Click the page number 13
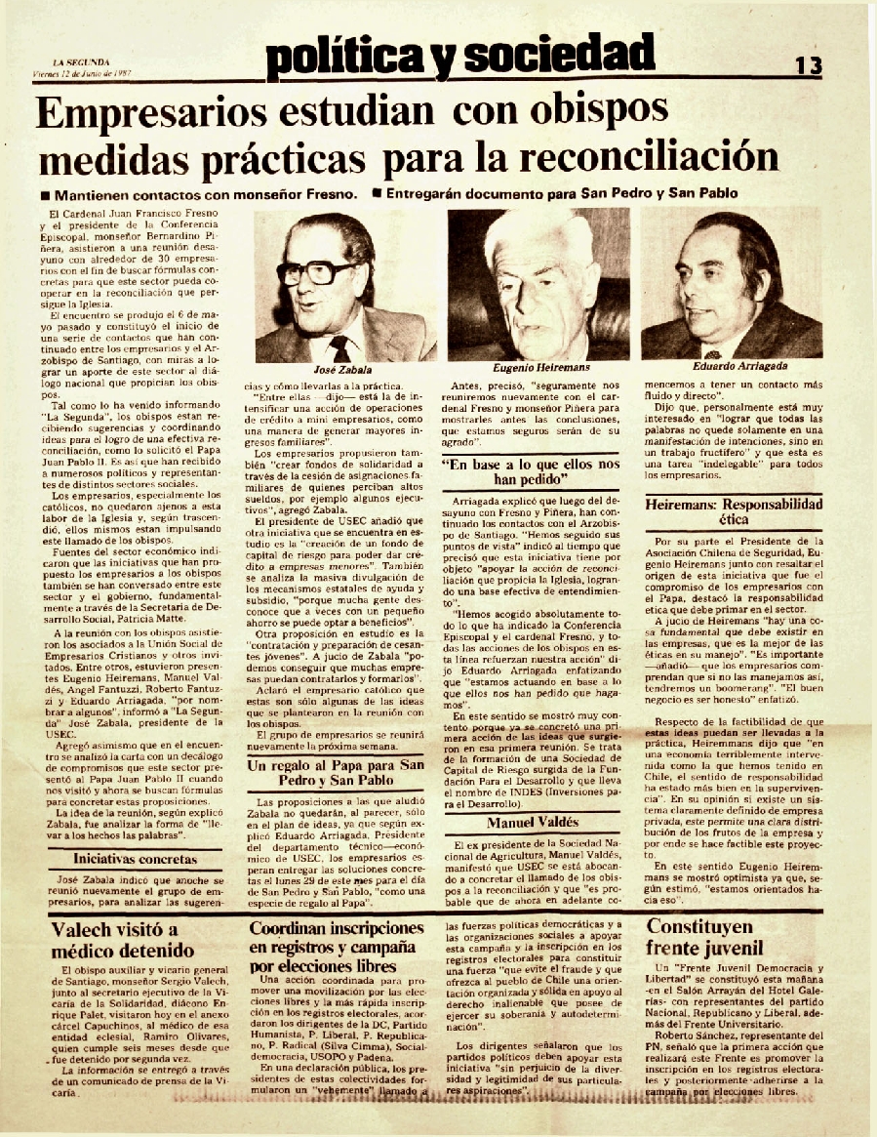pyautogui.click(x=808, y=65)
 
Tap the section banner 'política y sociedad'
pyautogui.click(x=459, y=56)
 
